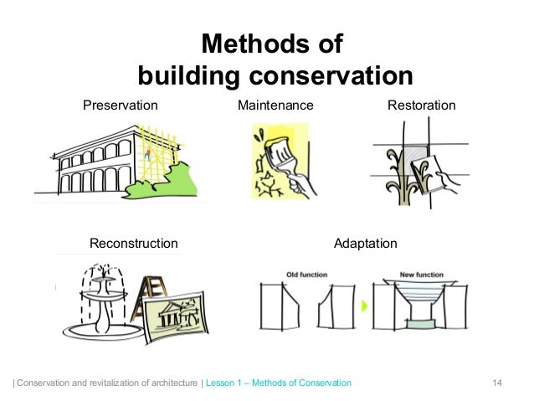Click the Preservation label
pos(120,105)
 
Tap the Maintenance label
pos(275,105)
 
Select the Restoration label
pos(422,105)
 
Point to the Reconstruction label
pos(134,244)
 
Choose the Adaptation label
pos(365,244)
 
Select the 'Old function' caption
pos(307,275)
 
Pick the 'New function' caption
pos(422,275)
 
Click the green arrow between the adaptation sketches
pos(364,307)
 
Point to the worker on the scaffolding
pos(148,153)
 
